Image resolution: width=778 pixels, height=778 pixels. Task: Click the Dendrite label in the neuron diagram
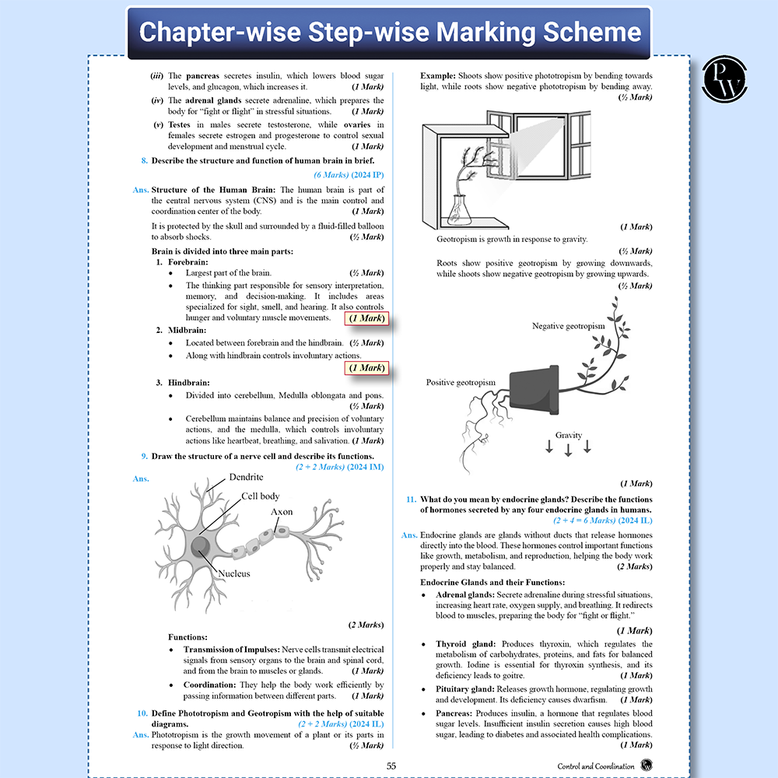[247, 477]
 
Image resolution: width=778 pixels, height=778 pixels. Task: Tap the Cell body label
[260, 496]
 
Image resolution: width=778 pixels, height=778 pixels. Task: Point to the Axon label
[282, 512]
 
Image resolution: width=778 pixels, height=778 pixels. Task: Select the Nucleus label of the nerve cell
[233, 573]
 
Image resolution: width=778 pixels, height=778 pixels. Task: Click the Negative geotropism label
[568, 326]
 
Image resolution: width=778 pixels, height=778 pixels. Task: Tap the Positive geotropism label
[461, 383]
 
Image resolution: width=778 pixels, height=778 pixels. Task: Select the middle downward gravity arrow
[568, 448]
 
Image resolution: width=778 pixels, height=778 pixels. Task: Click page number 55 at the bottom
[391, 766]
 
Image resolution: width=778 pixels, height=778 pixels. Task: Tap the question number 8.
[144, 161]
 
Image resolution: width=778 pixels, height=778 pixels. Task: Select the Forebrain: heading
[189, 262]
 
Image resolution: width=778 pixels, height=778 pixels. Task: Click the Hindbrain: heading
[189, 382]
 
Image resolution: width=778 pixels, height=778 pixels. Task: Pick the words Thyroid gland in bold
[465, 644]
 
